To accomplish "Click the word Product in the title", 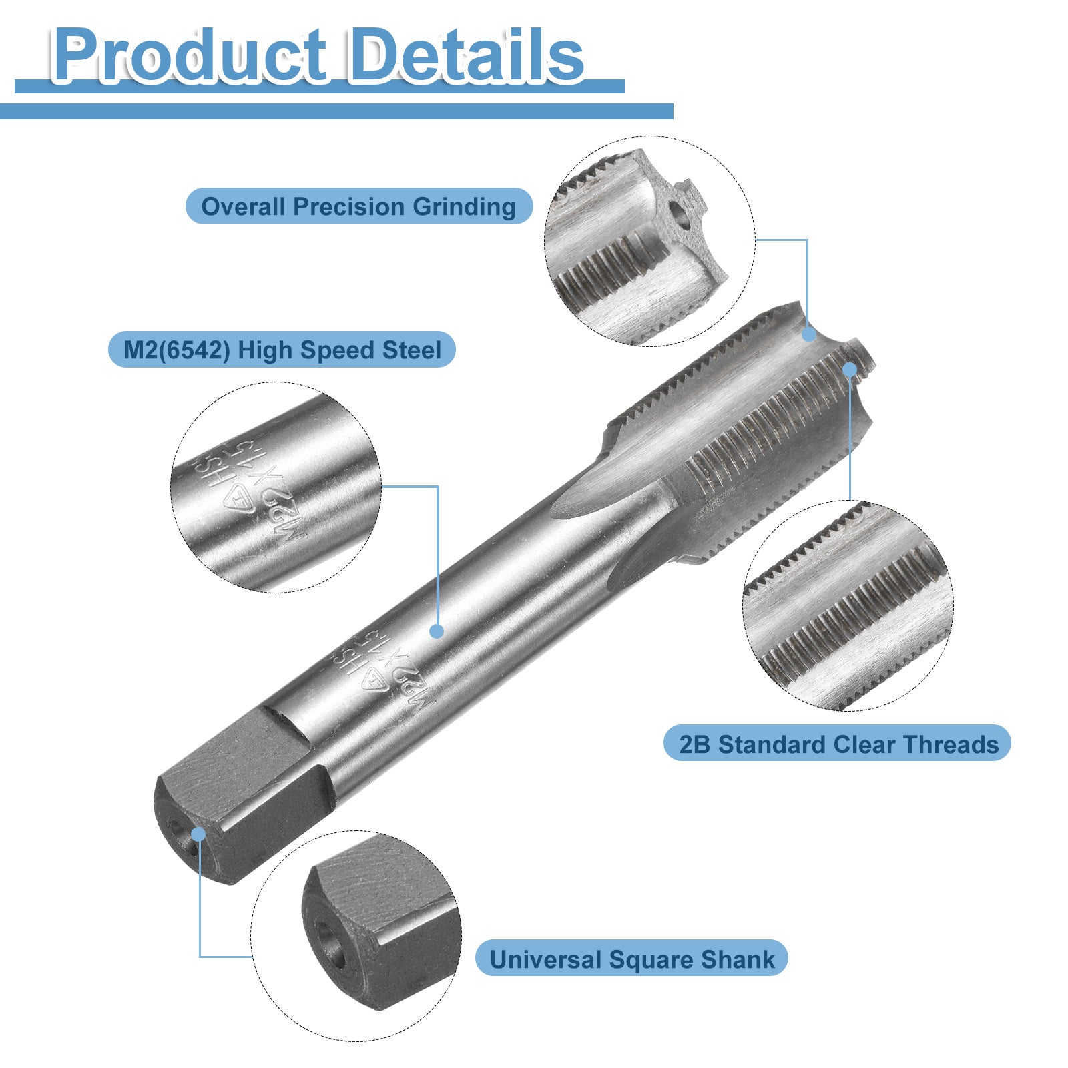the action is tap(190, 56).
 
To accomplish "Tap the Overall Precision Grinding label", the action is tap(359, 206).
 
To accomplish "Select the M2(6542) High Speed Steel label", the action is tap(282, 350).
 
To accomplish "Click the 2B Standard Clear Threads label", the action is tap(838, 744).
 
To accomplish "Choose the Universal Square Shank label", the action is tap(632, 959).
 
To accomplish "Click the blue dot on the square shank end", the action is tap(198, 834).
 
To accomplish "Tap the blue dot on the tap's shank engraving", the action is tap(437, 631).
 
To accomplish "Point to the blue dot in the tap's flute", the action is tap(809, 334).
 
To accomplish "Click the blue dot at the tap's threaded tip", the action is tap(850, 370).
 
